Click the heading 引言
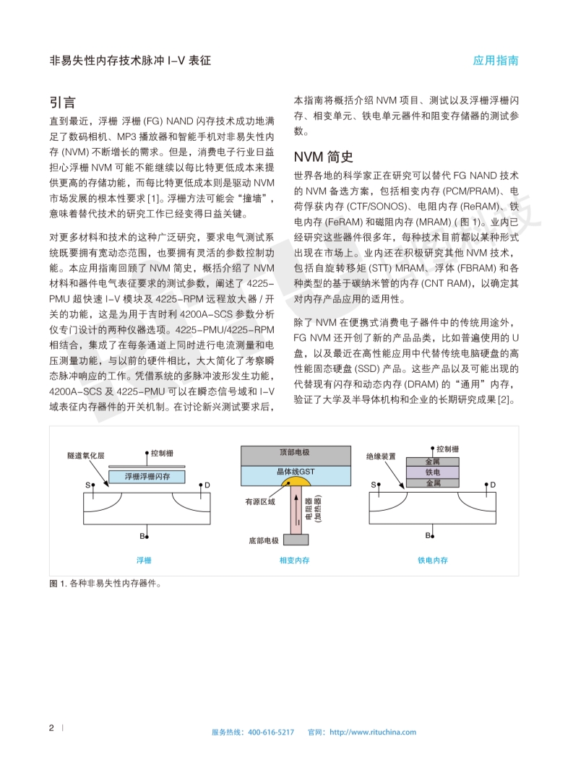tap(63, 102)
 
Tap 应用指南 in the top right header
tap(496, 61)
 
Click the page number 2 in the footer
tap(51, 728)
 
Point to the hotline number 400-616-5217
tap(271, 732)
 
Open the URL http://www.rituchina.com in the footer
tap(373, 732)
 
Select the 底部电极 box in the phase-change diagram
tap(264, 540)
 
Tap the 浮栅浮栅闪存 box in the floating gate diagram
tap(147, 477)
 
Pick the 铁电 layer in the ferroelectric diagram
tap(432, 472)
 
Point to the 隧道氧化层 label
tap(85, 457)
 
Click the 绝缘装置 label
tap(381, 457)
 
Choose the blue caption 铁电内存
tap(432, 560)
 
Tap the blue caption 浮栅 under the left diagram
tap(144, 560)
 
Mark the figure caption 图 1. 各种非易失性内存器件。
tap(105, 584)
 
